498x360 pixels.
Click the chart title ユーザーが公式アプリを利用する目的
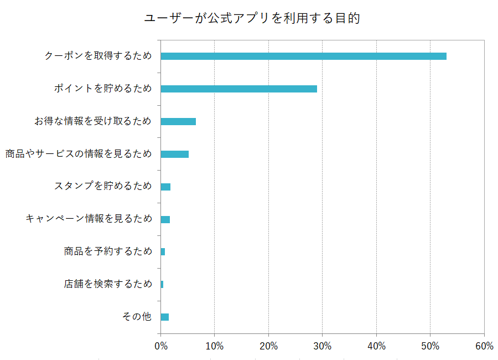(252, 18)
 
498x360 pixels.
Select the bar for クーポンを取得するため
(303, 56)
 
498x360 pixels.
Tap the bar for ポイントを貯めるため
(238, 89)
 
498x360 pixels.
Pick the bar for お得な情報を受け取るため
(178, 121)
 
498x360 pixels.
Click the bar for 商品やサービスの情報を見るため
(175, 154)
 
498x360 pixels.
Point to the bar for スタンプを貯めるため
(165, 187)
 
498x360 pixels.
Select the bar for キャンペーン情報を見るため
(165, 219)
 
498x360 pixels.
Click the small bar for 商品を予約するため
(163, 252)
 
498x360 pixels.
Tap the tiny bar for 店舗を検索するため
(162, 284)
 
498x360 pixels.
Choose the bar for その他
(165, 317)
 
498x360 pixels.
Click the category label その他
(137, 317)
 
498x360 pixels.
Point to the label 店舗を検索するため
(108, 284)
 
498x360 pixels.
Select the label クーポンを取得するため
(98, 56)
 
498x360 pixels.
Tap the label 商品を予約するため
(108, 252)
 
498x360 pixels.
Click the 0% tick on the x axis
(160, 346)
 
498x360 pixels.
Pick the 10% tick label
(214, 346)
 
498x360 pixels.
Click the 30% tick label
(323, 346)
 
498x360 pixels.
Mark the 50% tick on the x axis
(430, 346)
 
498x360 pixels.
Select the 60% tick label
(484, 346)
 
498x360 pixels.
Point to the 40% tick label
(376, 346)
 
